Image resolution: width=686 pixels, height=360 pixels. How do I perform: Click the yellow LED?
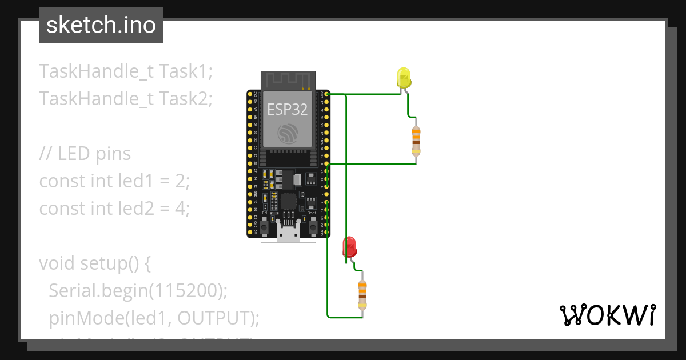pos(404,78)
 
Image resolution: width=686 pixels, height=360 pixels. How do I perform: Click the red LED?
pos(349,247)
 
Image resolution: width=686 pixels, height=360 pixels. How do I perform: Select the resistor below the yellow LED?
pos(416,141)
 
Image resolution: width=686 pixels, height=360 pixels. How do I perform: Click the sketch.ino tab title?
pos(101,25)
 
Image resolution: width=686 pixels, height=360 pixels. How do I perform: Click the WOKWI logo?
pos(607,315)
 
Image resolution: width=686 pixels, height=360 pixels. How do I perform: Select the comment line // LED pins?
pos(85,154)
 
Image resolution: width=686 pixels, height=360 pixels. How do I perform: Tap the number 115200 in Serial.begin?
pos(185,291)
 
